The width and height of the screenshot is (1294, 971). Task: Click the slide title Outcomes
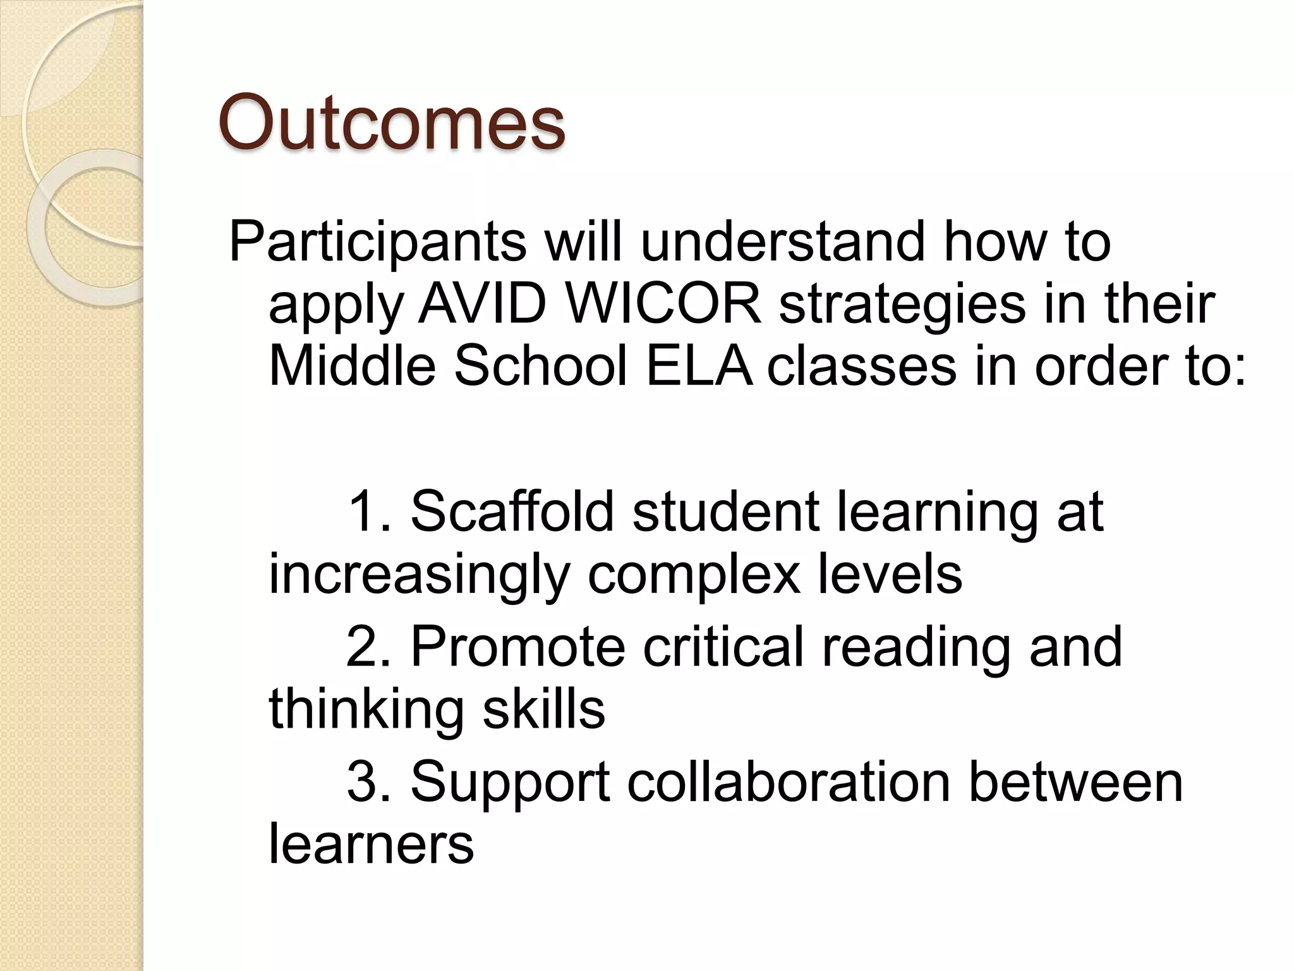click(391, 121)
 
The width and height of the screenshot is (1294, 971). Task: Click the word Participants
click(377, 242)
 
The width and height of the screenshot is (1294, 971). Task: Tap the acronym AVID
click(482, 304)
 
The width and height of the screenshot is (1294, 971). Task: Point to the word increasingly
click(419, 577)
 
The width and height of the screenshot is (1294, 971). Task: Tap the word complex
click(693, 577)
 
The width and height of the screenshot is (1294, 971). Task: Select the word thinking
click(366, 711)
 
